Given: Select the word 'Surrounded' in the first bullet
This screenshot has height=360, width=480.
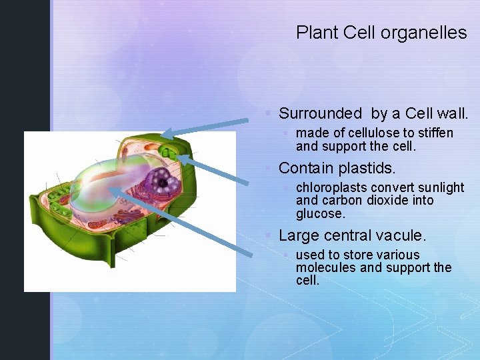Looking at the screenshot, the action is [319, 113].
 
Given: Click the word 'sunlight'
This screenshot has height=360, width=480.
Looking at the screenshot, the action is [439, 187].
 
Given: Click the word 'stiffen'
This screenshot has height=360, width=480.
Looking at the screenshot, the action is [435, 133].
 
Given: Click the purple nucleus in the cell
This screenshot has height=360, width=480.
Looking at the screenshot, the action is [161, 179].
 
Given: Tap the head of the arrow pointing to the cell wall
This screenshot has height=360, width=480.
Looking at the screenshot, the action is [165, 133].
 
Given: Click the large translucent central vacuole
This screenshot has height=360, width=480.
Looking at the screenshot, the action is [107, 187].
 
